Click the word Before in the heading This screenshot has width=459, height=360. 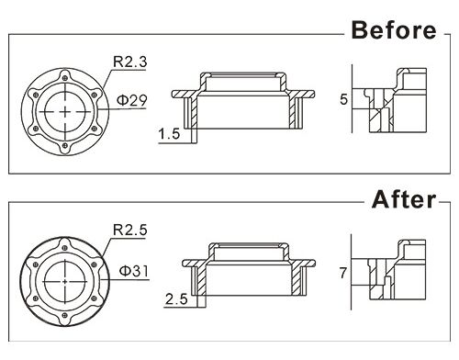pos(394,30)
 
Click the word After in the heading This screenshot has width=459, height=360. pos(404,199)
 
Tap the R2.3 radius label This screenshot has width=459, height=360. pos(130,62)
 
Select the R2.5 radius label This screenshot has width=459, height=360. pos(130,230)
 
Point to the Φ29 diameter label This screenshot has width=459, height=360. pos(132,100)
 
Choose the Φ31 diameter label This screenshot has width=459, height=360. pos(133,271)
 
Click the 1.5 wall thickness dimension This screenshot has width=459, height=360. pos(169,134)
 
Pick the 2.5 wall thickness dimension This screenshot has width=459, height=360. pos(176,298)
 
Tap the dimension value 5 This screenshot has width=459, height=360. pos(344,99)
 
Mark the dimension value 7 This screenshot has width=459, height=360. pos(343,273)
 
